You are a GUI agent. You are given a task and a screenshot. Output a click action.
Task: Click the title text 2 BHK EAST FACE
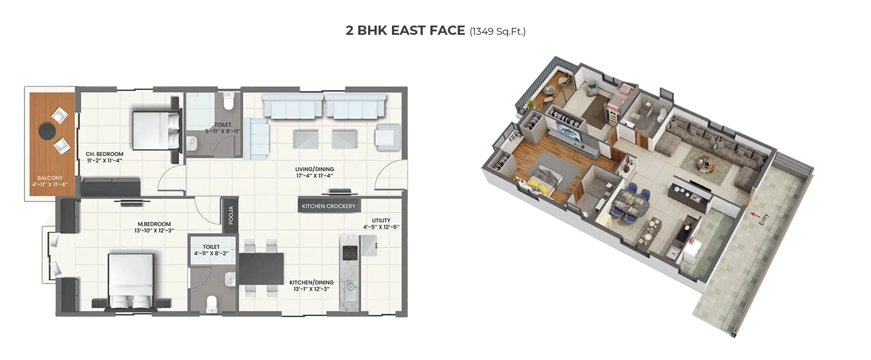tap(405, 31)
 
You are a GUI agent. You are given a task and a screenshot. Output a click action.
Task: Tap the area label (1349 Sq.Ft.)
tap(498, 31)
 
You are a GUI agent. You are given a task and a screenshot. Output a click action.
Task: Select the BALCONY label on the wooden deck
tap(50, 178)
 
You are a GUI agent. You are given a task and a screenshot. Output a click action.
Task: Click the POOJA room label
tap(230, 214)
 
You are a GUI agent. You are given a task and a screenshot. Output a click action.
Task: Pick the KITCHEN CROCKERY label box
tap(328, 206)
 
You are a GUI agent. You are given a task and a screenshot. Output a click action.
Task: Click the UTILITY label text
tap(381, 220)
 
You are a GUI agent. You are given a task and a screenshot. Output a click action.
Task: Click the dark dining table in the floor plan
tap(261, 268)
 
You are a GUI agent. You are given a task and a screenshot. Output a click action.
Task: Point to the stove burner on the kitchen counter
tap(350, 252)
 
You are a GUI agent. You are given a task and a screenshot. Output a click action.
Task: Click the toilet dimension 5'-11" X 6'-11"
tap(223, 131)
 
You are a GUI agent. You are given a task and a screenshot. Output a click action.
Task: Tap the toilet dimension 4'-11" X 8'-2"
tap(212, 253)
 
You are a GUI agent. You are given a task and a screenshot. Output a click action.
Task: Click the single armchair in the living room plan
tap(386, 136)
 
